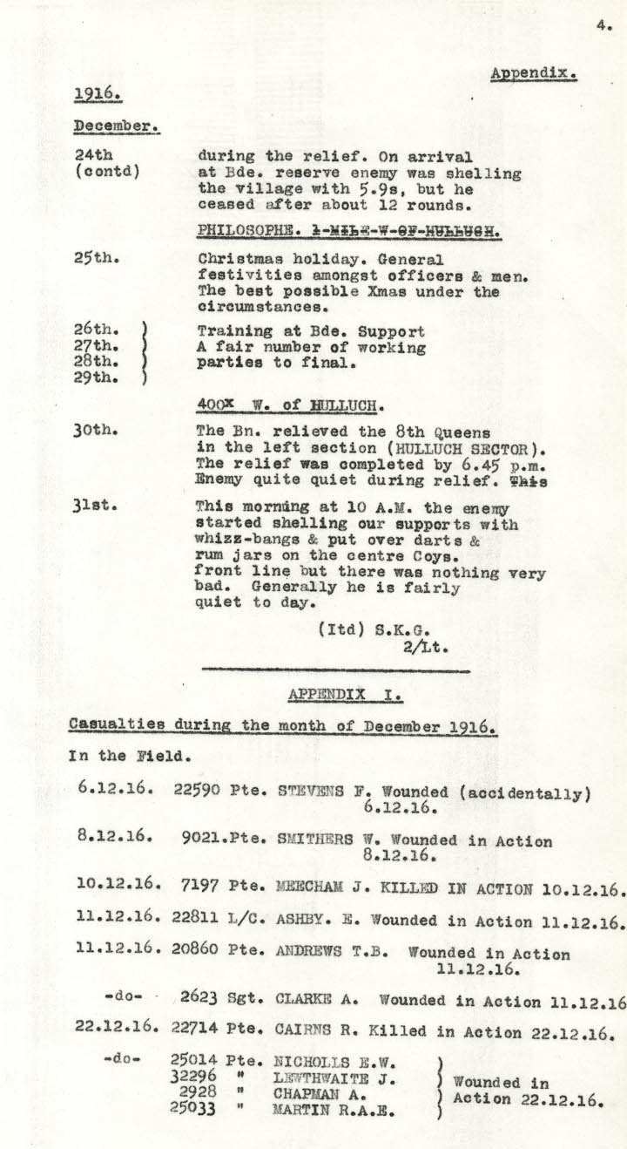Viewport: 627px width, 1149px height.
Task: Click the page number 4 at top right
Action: point(603,26)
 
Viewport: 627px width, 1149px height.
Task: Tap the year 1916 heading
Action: point(97,94)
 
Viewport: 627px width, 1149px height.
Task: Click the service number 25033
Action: point(193,1110)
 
